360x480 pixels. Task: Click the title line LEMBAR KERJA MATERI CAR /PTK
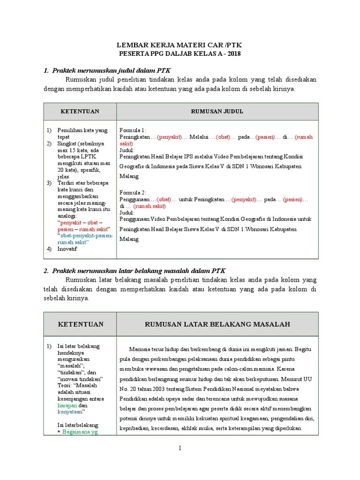(x=180, y=45)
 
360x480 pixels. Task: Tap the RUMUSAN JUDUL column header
(x=217, y=111)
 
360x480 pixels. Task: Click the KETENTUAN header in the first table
(x=79, y=111)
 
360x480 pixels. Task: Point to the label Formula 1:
(x=133, y=130)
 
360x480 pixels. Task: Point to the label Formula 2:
(x=133, y=192)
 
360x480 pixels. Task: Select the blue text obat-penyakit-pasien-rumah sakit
(x=84, y=239)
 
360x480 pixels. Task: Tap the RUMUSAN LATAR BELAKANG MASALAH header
(x=217, y=324)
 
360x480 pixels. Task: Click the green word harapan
(x=66, y=405)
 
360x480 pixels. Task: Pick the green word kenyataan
(x=69, y=412)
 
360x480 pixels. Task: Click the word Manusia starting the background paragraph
(x=142, y=349)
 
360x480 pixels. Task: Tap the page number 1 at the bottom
(x=180, y=449)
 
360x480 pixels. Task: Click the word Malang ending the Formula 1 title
(x=129, y=176)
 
